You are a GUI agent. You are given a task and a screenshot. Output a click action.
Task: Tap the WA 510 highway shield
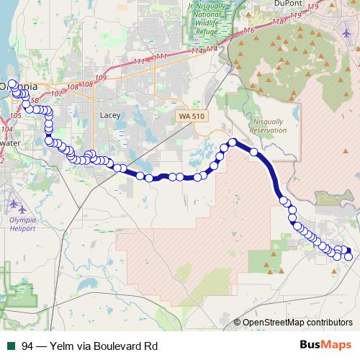click(193, 115)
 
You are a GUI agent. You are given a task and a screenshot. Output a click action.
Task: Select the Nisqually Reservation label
click(268, 126)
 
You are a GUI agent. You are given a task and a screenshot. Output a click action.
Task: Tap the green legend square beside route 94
click(11, 346)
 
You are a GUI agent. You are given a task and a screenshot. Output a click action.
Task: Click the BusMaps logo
click(326, 345)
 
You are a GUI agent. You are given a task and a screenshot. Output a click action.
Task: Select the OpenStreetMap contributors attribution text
click(297, 323)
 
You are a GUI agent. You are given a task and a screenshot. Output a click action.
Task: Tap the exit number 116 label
click(249, 31)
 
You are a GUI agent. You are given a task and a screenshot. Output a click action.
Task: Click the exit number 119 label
click(312, 6)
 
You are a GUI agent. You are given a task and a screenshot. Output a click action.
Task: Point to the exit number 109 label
click(100, 78)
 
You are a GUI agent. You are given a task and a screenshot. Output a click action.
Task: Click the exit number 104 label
click(7, 129)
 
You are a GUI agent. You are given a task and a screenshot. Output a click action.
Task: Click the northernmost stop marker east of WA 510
click(233, 142)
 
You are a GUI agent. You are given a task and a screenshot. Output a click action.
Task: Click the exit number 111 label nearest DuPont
click(161, 57)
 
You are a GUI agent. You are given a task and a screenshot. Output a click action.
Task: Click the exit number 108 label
click(87, 85)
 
